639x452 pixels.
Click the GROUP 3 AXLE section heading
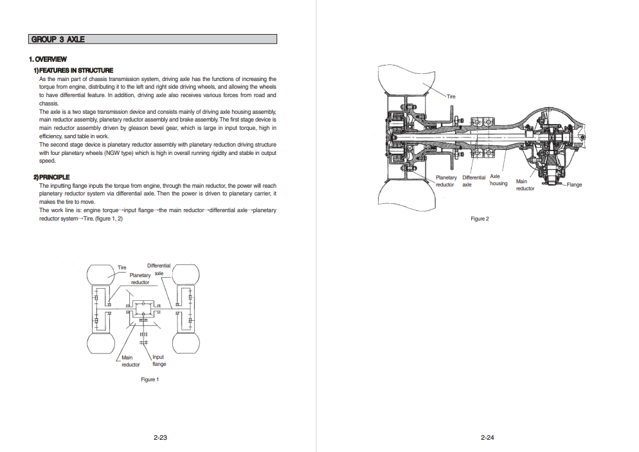tap(57, 39)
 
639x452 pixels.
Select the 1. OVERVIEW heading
tap(48, 59)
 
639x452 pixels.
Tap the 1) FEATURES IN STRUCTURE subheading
tap(73, 70)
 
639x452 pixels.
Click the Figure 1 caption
tap(150, 379)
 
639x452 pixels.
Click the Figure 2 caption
tap(480, 219)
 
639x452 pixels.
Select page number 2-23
tap(160, 437)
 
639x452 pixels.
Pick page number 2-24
tap(487, 437)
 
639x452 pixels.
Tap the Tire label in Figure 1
tap(122, 267)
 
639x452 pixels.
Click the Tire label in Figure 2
tap(451, 96)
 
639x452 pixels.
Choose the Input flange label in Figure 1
tap(159, 361)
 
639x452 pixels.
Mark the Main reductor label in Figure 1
tap(130, 361)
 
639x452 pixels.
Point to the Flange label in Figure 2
tap(574, 185)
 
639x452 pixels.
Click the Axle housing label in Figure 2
tap(498, 180)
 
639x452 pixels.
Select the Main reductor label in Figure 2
tap(525, 185)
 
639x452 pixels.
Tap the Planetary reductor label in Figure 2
tap(446, 181)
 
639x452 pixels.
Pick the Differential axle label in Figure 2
tap(474, 181)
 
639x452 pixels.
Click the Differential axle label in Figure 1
tap(159, 269)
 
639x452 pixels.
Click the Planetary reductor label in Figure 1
tap(140, 279)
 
